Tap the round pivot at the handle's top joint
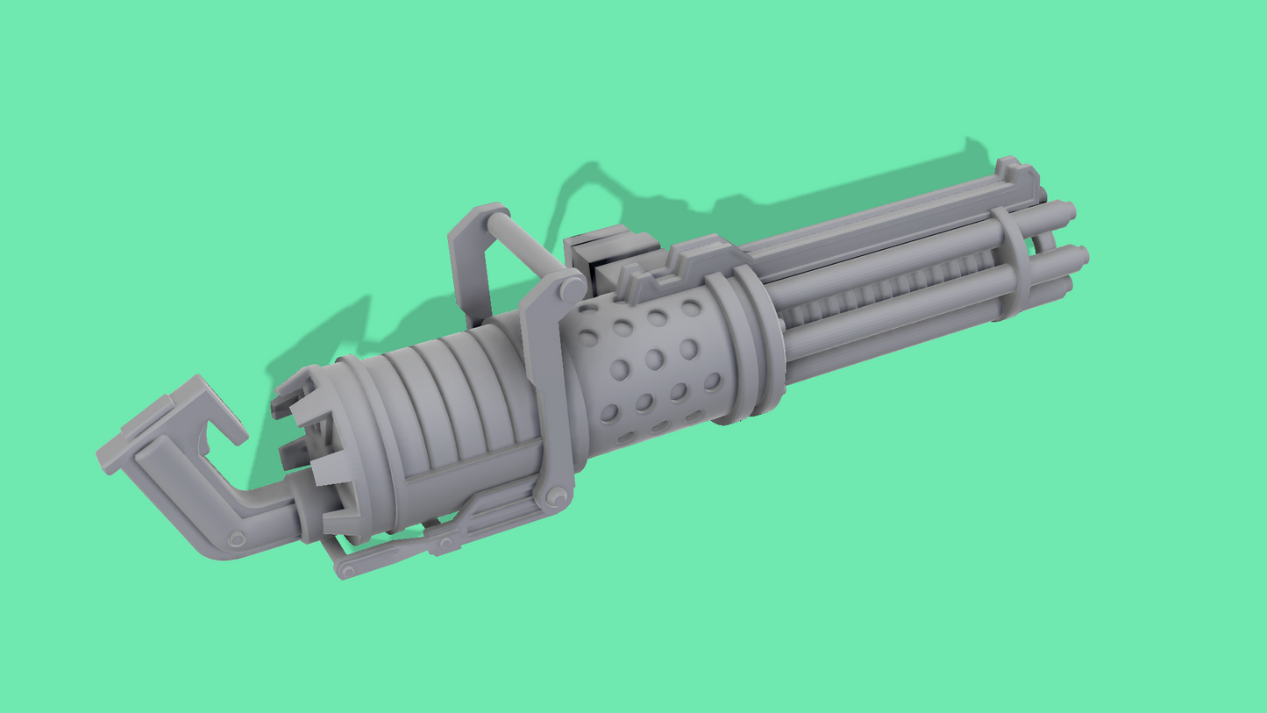click(x=572, y=289)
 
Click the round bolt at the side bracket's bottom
click(x=557, y=497)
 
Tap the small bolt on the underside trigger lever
click(x=445, y=545)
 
